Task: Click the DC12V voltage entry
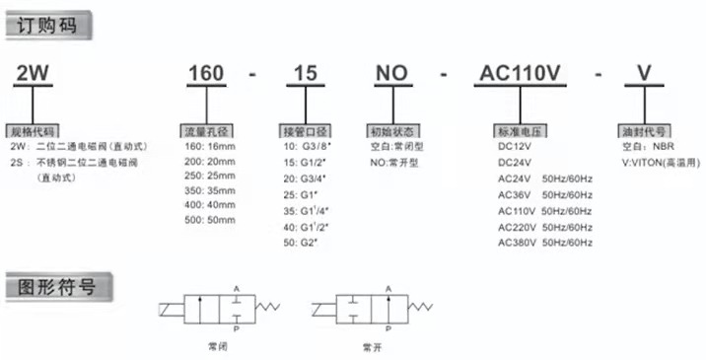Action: pyautogui.click(x=516, y=146)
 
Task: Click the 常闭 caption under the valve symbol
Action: pyautogui.click(x=216, y=346)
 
